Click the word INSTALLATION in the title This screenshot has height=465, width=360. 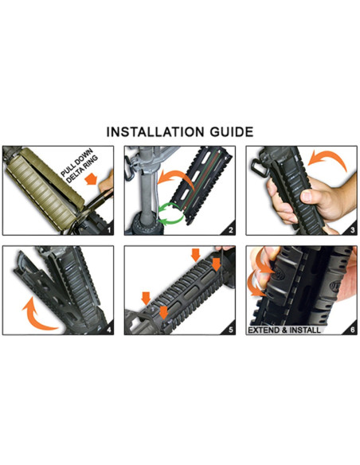click(155, 132)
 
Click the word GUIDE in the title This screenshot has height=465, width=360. click(232, 132)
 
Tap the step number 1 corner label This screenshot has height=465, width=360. click(109, 230)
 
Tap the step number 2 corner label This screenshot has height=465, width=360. click(231, 230)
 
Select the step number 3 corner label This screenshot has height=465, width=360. click(352, 230)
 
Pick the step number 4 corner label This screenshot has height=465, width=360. click(109, 330)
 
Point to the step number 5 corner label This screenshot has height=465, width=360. click(231, 330)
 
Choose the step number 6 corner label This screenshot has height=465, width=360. click(352, 330)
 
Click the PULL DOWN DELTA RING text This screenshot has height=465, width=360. click(78, 166)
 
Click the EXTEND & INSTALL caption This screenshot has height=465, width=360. click(284, 330)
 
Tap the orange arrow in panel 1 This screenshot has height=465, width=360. click(92, 180)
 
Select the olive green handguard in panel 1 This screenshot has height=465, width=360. click(45, 189)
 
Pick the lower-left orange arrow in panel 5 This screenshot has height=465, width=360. click(146, 298)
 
